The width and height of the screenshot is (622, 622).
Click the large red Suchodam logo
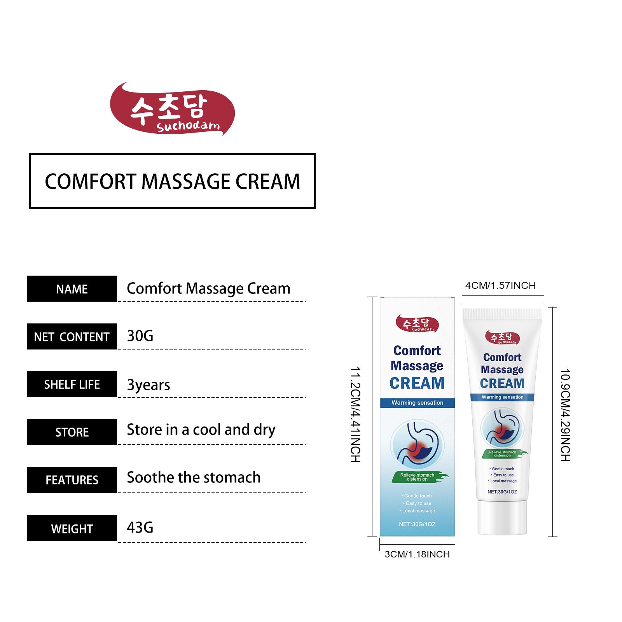coord(172,109)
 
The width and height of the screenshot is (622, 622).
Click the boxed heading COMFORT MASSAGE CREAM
coord(172,181)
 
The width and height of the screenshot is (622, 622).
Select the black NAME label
coord(72,289)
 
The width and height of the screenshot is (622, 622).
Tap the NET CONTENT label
coord(72,337)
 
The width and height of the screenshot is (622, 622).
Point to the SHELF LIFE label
coord(72,384)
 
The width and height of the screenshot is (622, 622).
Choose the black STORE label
coord(72,432)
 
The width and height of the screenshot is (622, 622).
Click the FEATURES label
coord(72,480)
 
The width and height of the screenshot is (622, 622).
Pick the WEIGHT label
coord(72,528)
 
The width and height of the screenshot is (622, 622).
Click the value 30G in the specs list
coord(140,336)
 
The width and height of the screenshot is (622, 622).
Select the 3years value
coord(149,385)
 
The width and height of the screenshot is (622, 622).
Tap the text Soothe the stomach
coord(194,477)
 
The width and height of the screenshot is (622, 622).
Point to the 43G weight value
coord(140,528)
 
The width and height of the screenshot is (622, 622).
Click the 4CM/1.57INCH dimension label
coord(500,286)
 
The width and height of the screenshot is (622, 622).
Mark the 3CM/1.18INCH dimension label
coord(417,554)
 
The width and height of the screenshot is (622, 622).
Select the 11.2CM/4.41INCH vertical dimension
coord(356,414)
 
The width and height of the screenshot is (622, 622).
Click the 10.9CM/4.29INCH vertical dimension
coord(565,415)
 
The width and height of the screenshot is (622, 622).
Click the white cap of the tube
coord(502,517)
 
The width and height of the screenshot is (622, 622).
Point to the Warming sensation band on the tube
coord(502,397)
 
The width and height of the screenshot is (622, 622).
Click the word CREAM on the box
coord(417,383)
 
